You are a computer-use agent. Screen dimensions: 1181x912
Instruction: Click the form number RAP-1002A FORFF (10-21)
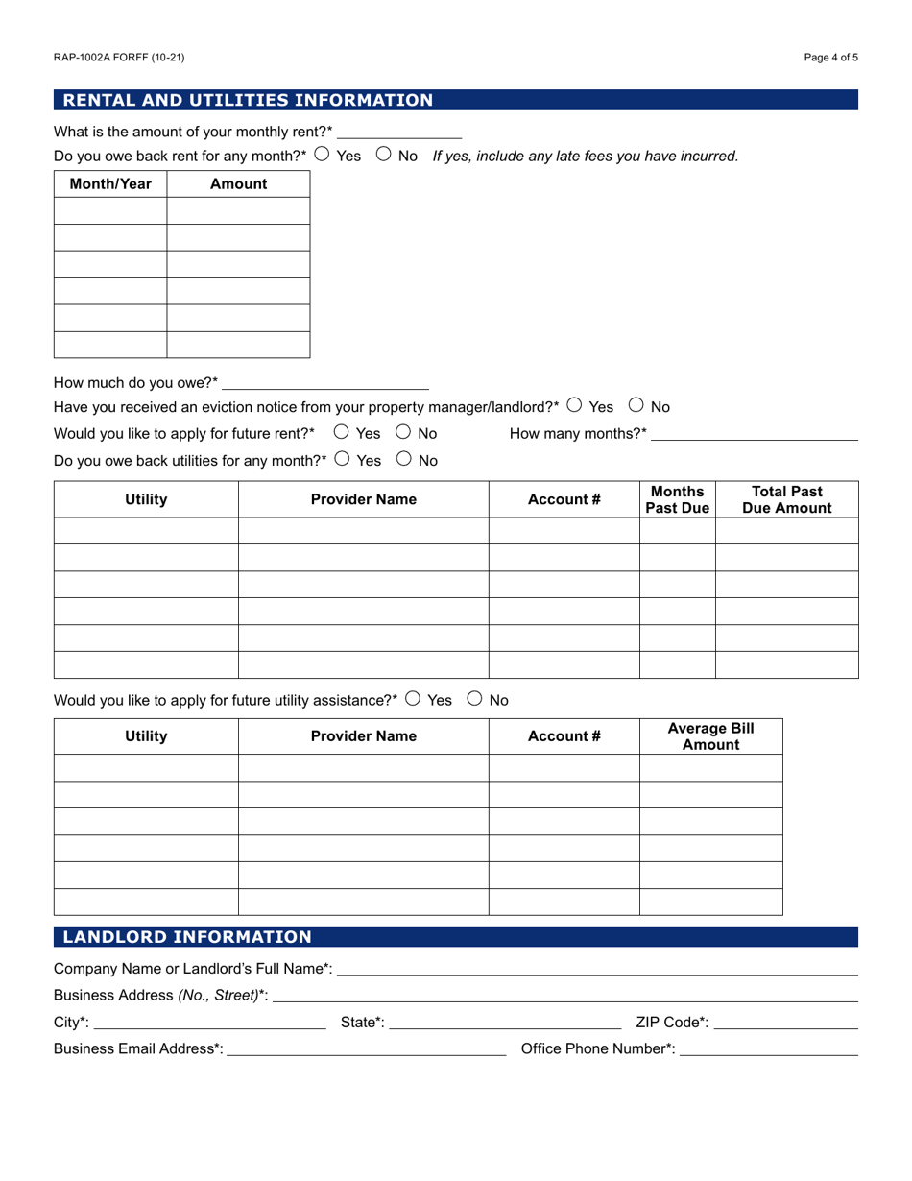[x=119, y=58]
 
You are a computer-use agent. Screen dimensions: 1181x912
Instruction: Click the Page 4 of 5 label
[x=830, y=58]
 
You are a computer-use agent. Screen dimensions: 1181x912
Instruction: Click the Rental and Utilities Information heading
[x=248, y=100]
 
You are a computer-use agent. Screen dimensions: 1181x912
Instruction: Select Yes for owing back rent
[x=323, y=154]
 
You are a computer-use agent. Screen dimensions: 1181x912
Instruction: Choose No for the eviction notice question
[x=636, y=405]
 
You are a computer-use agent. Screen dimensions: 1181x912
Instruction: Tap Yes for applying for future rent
[x=341, y=432]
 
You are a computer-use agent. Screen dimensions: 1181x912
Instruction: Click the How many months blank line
[x=755, y=433]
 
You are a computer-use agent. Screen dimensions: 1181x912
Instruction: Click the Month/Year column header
[x=110, y=183]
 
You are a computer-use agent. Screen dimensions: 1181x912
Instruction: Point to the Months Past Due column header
[x=677, y=499]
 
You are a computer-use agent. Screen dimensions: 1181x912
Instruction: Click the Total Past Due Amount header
[x=786, y=499]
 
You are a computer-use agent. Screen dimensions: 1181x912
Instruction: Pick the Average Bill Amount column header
[x=710, y=736]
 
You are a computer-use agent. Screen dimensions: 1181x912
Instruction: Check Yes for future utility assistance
[x=413, y=699]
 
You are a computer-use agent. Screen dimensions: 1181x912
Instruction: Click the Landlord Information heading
[x=187, y=937]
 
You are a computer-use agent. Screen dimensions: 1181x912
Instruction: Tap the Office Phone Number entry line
[x=768, y=1048]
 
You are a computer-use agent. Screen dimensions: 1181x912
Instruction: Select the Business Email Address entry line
[x=366, y=1048]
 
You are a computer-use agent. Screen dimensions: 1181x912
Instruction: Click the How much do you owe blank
[x=325, y=382]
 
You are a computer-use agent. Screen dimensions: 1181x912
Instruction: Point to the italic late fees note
[x=586, y=156]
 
